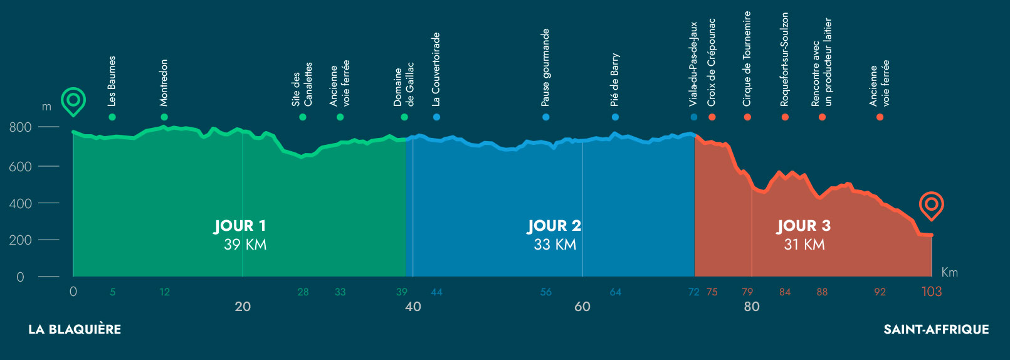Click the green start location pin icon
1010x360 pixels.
tap(73, 101)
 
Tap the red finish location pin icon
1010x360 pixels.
tap(931, 205)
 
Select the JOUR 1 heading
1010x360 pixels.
tap(240, 226)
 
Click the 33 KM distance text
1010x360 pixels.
tap(555, 245)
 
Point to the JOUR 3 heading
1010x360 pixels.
tap(804, 226)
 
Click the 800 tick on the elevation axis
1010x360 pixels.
tap(20, 127)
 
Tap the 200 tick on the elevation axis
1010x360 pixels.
tap(20, 240)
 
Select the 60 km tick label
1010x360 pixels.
tap(582, 307)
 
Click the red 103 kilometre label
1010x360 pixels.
tap(932, 292)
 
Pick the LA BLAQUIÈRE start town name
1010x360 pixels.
tap(75, 329)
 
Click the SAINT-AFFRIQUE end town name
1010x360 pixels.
tap(936, 329)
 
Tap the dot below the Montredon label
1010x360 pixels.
tap(164, 117)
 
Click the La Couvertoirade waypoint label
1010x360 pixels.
tap(436, 69)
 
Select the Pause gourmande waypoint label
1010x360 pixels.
tap(545, 67)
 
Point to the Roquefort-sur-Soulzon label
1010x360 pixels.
tap(785, 60)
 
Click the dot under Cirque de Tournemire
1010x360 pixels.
tap(747, 117)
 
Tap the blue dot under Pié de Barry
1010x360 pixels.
tap(615, 117)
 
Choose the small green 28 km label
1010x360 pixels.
tap(303, 292)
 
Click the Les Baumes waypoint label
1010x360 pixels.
tap(112, 81)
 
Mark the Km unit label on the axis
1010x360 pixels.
tap(949, 272)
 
